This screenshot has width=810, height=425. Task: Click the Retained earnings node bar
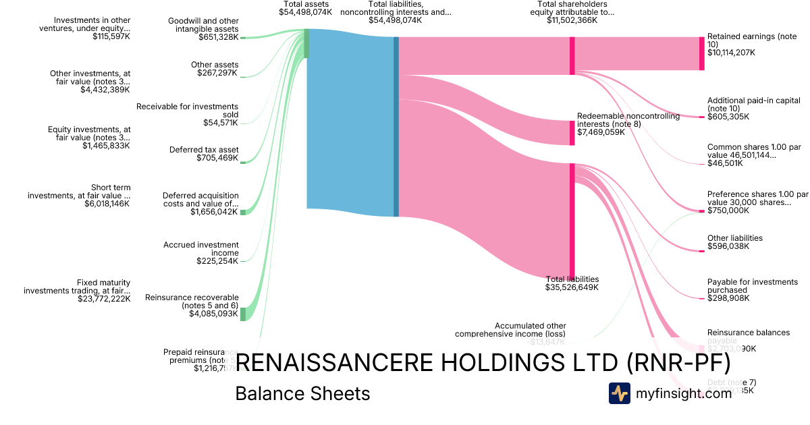point(701,53)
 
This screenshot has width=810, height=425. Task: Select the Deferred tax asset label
point(204,150)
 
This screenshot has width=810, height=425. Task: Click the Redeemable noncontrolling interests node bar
point(572,133)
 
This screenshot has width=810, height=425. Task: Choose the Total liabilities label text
point(572,279)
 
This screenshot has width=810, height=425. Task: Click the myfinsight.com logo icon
point(619,393)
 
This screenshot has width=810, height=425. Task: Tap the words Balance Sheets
point(302,393)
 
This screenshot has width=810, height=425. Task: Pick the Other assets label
point(215,65)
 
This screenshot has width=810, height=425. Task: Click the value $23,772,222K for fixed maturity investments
point(104,298)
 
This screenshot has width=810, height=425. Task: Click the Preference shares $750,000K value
point(728,210)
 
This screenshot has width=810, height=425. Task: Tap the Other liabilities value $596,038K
point(728,246)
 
